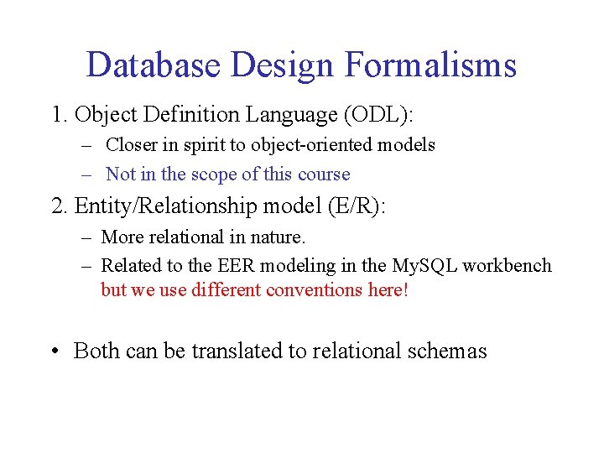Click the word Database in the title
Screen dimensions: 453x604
[x=149, y=65]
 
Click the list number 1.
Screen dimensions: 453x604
[x=59, y=113]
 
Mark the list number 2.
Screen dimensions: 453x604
[x=60, y=206]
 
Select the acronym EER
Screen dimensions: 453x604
[x=238, y=266]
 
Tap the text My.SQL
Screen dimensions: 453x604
[x=424, y=266]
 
